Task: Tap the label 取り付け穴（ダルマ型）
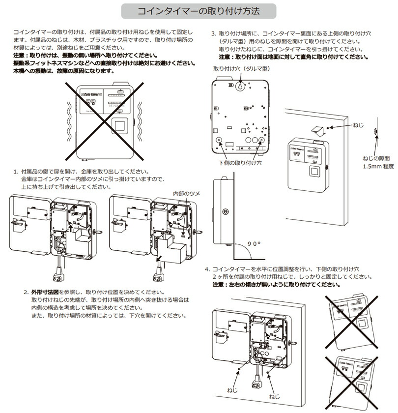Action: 235,69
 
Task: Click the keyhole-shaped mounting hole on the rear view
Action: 239,86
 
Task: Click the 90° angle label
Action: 255,243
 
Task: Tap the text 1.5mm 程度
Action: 378,167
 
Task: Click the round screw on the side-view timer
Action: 225,212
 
